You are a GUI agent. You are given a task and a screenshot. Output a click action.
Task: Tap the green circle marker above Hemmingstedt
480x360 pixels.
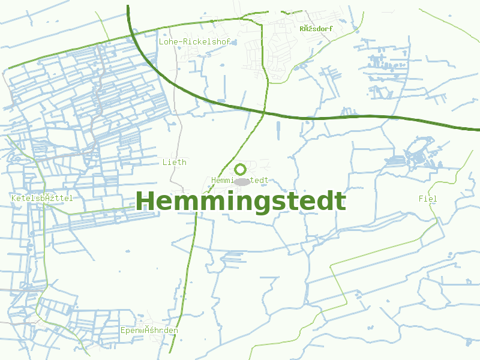pyautogui.click(x=241, y=169)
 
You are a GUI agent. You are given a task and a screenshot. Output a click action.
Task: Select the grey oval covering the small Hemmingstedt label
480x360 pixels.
pyautogui.click(x=241, y=181)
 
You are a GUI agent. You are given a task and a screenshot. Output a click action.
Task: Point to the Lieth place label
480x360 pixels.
pyautogui.click(x=174, y=162)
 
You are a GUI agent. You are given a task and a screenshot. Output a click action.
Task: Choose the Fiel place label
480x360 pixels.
pyautogui.click(x=428, y=199)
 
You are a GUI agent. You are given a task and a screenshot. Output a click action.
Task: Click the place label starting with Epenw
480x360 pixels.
pyautogui.click(x=149, y=331)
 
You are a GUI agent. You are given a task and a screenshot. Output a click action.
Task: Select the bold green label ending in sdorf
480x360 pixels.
pyautogui.click(x=316, y=28)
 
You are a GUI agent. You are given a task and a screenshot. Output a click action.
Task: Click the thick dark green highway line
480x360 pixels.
pyautogui.click(x=360, y=117)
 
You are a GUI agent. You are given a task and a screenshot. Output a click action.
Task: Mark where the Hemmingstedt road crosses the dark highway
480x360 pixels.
pyautogui.click(x=264, y=112)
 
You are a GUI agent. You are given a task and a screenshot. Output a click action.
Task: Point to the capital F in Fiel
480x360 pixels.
pyautogui.click(x=421, y=199)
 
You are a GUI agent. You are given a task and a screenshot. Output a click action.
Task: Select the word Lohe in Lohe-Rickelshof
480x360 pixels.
pyautogui.click(x=169, y=42)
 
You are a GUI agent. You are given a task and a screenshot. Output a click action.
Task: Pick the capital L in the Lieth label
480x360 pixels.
pyautogui.click(x=165, y=162)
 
